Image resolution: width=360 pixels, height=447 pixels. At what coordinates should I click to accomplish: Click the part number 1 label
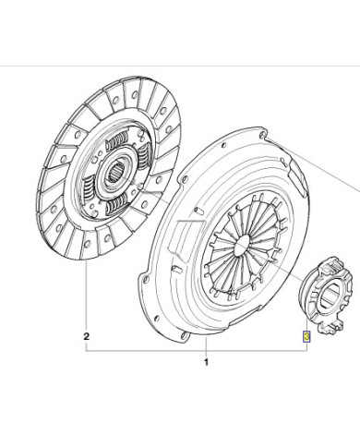coord(206,362)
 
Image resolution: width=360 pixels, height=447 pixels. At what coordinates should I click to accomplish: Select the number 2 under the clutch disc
coord(86,336)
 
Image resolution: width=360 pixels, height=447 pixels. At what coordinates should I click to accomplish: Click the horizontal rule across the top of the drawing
coord(180,67)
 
